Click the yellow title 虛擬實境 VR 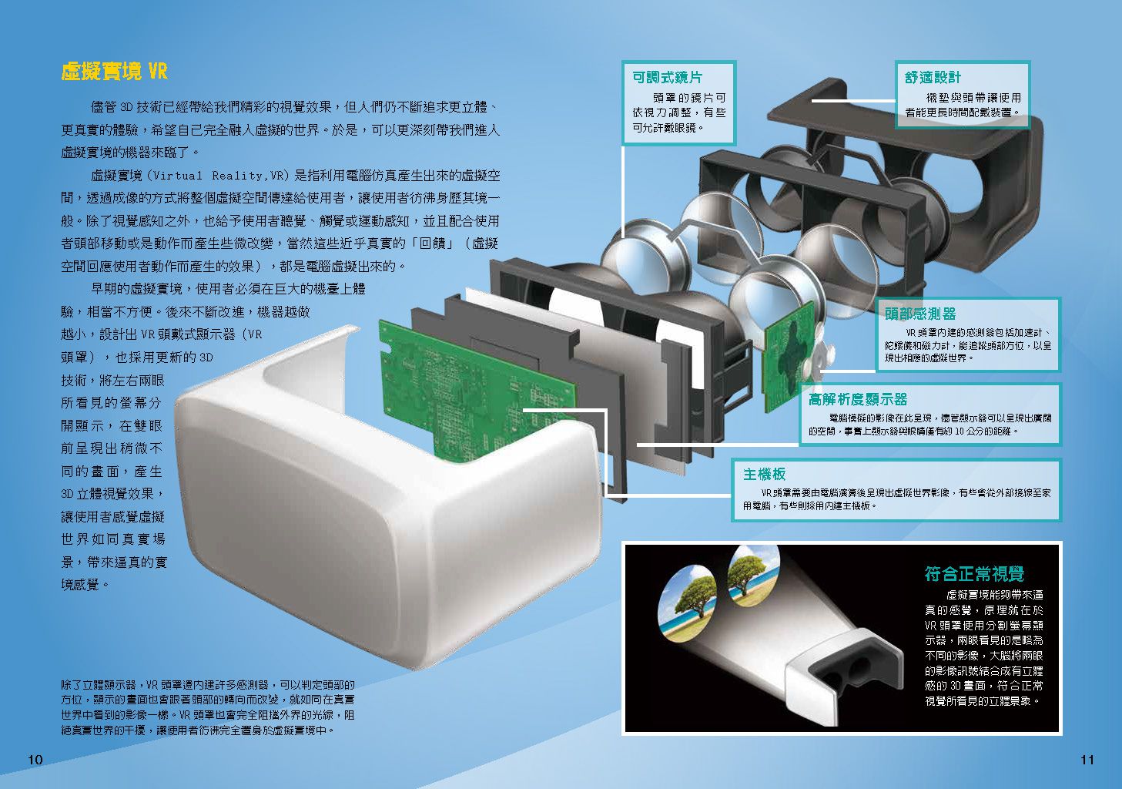pyautogui.click(x=114, y=72)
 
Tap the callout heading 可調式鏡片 pyautogui.click(x=667, y=77)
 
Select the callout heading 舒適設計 pyautogui.click(x=933, y=77)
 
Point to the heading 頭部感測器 pyautogui.click(x=920, y=314)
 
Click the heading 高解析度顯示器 pyautogui.click(x=858, y=399)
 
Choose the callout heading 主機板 pyautogui.click(x=764, y=474)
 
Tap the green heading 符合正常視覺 pyautogui.click(x=974, y=573)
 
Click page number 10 pyautogui.click(x=35, y=760)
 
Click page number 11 pyautogui.click(x=1087, y=760)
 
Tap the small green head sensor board pyautogui.click(x=789, y=356)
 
